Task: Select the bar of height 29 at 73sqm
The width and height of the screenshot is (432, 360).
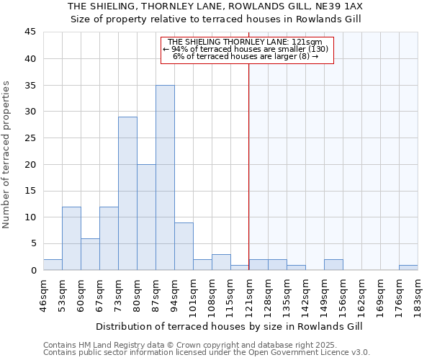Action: tap(127, 194)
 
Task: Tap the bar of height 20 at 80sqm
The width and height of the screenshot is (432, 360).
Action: tap(146, 217)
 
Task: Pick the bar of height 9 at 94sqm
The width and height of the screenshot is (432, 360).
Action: tap(184, 246)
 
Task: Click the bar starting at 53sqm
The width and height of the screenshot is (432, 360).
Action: tap(71, 238)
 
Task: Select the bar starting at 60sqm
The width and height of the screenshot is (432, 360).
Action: tap(90, 254)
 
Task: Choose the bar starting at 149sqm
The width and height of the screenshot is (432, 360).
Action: tap(333, 265)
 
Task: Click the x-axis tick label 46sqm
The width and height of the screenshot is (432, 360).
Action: tap(43, 294)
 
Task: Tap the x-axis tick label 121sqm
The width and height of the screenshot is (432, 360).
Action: tap(249, 295)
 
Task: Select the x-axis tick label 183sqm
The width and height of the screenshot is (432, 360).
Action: tap(418, 295)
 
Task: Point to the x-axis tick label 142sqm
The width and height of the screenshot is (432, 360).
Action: tap(305, 295)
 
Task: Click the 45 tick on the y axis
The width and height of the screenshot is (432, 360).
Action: tap(30, 32)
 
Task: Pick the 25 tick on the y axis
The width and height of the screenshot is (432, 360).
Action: tap(30, 138)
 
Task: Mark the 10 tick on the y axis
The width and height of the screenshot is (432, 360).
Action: tap(30, 217)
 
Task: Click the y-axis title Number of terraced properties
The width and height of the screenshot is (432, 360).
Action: tap(7, 155)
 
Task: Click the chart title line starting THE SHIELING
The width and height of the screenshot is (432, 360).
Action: tap(216, 6)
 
